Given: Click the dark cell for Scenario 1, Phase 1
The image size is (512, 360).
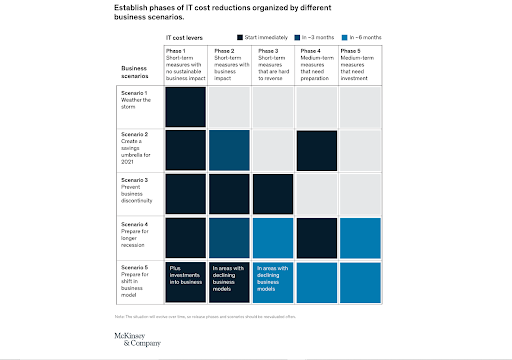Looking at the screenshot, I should (x=185, y=106).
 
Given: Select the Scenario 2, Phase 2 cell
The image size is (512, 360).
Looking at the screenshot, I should (x=229, y=150).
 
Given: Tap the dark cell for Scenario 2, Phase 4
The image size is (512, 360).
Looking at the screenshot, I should (x=317, y=150).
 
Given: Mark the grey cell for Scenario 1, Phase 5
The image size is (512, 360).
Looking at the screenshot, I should (x=361, y=106).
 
